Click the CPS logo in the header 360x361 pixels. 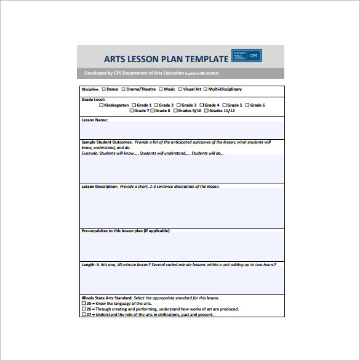coord(247,55)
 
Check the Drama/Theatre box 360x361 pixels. coord(124,89)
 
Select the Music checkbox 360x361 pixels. coord(161,89)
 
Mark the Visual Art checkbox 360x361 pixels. coord(180,89)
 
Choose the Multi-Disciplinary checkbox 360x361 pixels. coord(206,89)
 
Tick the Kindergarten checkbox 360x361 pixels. coord(102,105)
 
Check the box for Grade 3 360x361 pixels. coord(179,105)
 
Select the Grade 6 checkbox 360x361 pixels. coord(247,105)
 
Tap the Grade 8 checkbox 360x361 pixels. coord(153,111)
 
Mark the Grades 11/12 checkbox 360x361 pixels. coord(206,111)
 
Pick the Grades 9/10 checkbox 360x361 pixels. coord(175,111)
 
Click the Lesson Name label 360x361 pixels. coord(95,120)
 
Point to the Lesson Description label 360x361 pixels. coord(100,186)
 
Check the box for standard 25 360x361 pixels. coord(84,304)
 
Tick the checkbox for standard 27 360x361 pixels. coord(84,315)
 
